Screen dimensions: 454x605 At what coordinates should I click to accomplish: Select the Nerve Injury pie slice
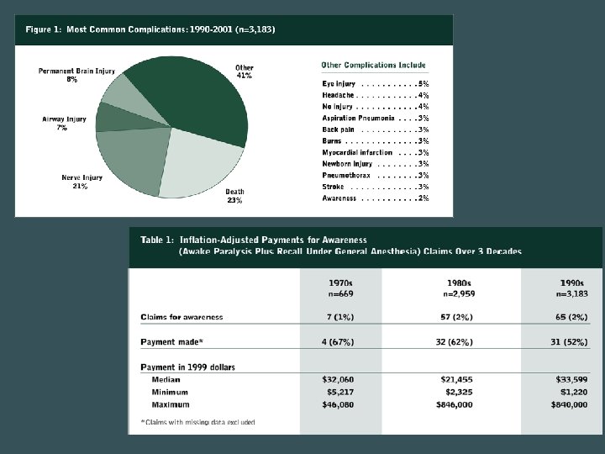click(x=131, y=160)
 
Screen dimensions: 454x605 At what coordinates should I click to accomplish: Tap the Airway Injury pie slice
click(x=112, y=118)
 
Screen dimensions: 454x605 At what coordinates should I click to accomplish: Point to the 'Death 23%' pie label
click(x=234, y=196)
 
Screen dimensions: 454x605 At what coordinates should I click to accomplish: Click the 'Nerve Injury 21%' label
click(x=82, y=182)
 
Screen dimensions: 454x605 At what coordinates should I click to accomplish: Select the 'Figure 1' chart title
click(x=150, y=29)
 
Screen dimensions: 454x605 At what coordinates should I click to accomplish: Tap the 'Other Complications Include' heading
click(x=374, y=65)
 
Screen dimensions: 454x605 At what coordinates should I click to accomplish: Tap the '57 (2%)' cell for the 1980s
click(x=456, y=317)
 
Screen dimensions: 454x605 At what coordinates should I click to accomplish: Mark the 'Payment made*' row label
click(x=172, y=342)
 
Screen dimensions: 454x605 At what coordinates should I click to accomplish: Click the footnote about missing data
click(x=197, y=421)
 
